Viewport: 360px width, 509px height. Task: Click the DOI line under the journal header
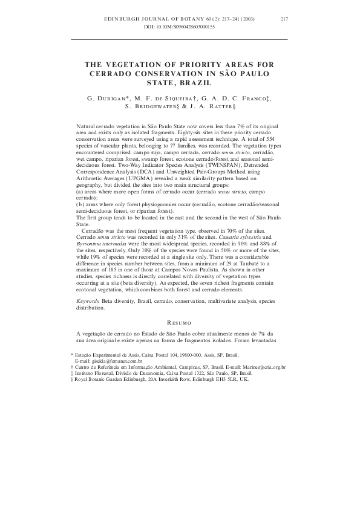coord(180,28)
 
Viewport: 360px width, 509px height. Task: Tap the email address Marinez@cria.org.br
coord(264,366)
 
